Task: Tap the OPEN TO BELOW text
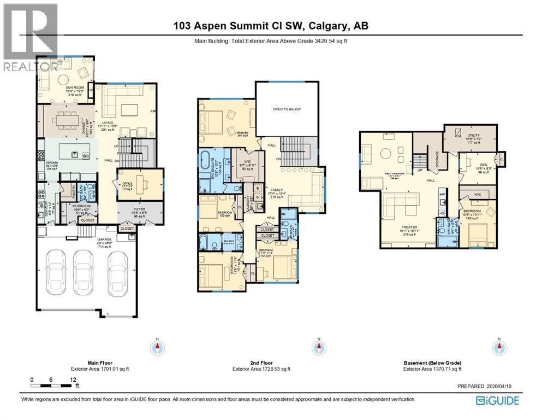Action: (287, 109)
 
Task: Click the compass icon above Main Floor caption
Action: (158, 347)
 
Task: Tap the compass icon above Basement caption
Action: (498, 347)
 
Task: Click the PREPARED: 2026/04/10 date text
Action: (486, 386)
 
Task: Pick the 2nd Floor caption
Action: (261, 363)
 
